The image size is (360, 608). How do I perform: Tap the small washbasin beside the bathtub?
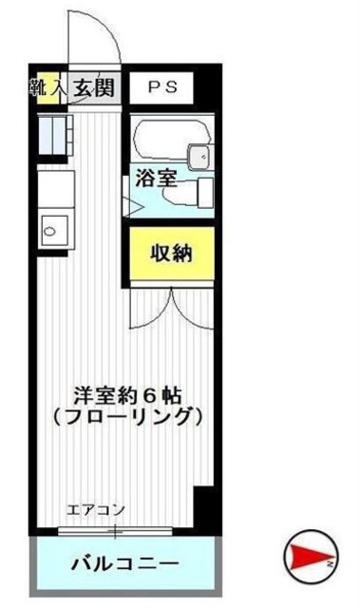coord(198,157)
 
